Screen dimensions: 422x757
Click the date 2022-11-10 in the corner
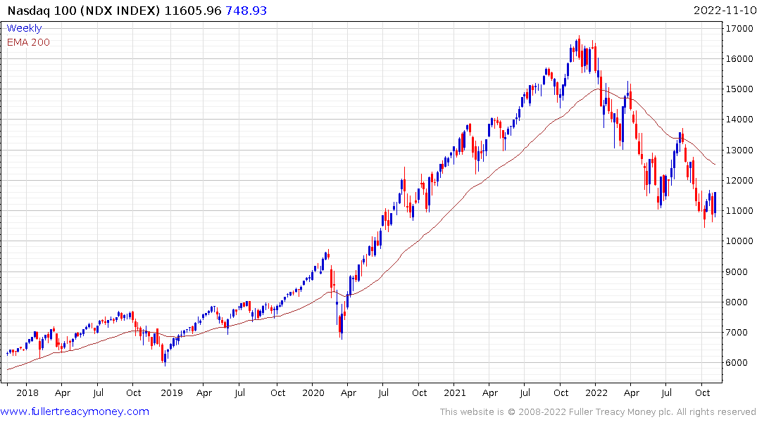pyautogui.click(x=723, y=11)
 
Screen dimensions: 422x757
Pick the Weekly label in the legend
pyautogui.click(x=24, y=28)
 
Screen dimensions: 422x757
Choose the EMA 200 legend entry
pyautogui.click(x=28, y=42)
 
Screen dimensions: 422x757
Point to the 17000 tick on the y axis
pyautogui.click(x=739, y=28)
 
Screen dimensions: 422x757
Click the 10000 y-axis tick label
pyautogui.click(x=739, y=241)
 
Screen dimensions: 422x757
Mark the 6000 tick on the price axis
pyautogui.click(x=737, y=363)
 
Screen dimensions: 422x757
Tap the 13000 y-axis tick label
pyautogui.click(x=739, y=150)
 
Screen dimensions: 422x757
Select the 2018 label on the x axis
pyautogui.click(x=27, y=393)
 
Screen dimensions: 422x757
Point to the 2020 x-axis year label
pyautogui.click(x=312, y=393)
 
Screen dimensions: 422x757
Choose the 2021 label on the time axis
pyautogui.click(x=456, y=393)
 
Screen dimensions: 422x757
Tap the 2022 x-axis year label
pyautogui.click(x=596, y=393)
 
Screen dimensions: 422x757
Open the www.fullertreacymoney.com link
pyautogui.click(x=75, y=411)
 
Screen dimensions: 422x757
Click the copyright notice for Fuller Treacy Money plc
pyautogui.click(x=598, y=411)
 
